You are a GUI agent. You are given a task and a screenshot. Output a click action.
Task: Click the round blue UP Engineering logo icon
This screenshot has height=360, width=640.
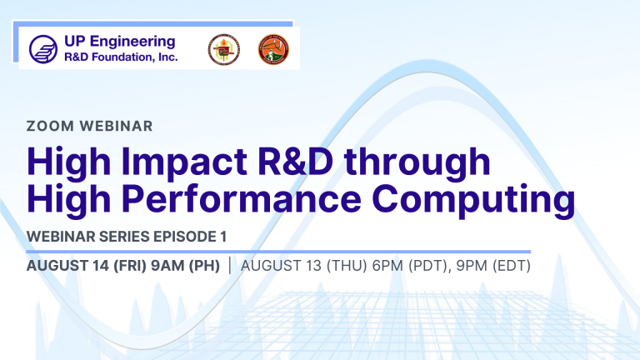pyautogui.click(x=43, y=49)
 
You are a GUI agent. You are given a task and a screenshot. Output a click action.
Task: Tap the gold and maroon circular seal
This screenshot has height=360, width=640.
pyautogui.click(x=224, y=49)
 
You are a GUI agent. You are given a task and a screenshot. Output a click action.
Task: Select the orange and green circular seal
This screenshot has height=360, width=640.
pyautogui.click(x=273, y=49)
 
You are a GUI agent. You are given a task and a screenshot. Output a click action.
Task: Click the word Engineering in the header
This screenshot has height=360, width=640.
pyautogui.click(x=132, y=42)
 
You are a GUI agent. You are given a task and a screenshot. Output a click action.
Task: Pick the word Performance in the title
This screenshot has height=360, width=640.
pyautogui.click(x=241, y=199)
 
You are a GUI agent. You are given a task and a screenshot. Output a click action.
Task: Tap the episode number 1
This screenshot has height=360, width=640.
pyautogui.click(x=222, y=237)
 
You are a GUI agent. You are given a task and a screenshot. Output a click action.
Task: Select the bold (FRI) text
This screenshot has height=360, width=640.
pyautogui.click(x=130, y=266)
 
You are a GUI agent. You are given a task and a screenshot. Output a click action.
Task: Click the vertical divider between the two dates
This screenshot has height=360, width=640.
pyautogui.click(x=230, y=265)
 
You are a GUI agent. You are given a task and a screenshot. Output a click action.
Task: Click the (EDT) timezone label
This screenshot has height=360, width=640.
pyautogui.click(x=512, y=266)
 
